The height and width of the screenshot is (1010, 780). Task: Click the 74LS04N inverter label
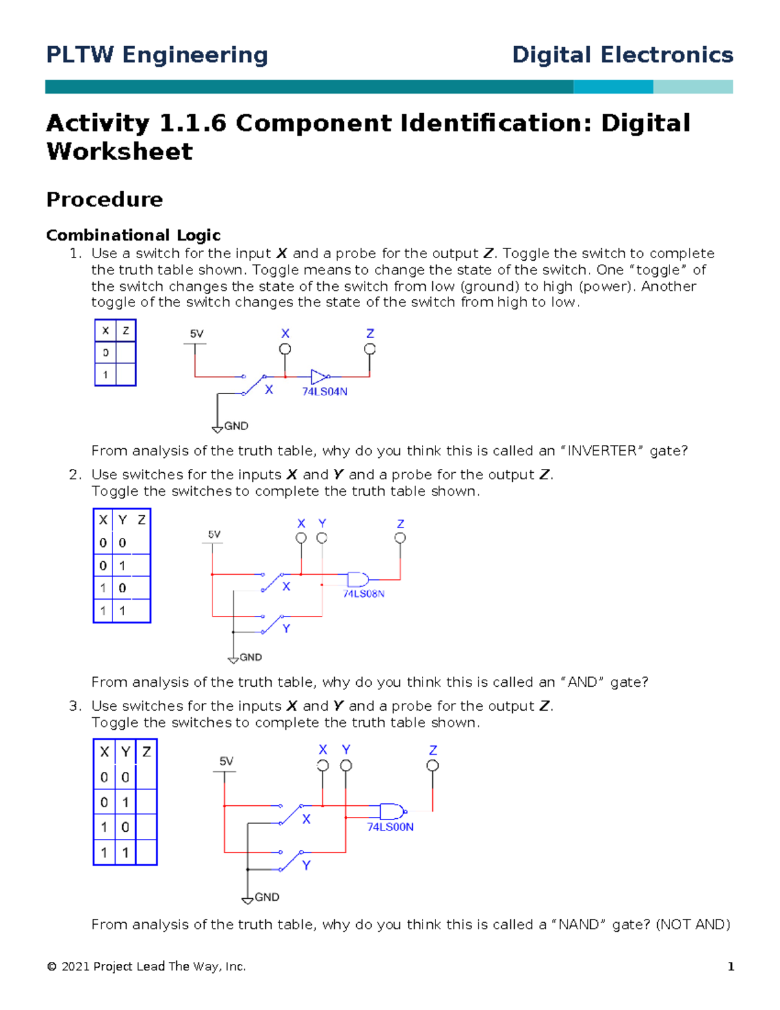(324, 392)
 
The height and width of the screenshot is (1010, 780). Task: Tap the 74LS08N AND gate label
(363, 594)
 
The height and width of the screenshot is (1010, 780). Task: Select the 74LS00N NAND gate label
(390, 827)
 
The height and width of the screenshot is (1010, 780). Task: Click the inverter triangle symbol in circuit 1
(318, 377)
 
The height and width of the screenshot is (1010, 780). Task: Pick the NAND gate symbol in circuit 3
(392, 812)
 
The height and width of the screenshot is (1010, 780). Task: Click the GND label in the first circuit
(236, 426)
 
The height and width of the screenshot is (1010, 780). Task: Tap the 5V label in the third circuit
(226, 761)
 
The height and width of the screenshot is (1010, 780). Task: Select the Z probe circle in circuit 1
(370, 349)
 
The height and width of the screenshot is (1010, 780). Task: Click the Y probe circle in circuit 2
(322, 538)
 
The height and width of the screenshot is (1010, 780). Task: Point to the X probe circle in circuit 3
(323, 765)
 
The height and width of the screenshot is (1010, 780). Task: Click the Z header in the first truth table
(125, 330)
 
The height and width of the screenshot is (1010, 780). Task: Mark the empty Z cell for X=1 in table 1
(125, 375)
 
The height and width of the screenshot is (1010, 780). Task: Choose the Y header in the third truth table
(125, 752)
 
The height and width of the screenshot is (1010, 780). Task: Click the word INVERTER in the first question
(601, 451)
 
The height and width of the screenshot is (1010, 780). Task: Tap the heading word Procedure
(105, 199)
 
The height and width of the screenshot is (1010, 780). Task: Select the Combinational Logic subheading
(133, 235)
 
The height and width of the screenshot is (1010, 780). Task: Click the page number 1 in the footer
(731, 966)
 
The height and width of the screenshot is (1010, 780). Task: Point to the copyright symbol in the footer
(52, 967)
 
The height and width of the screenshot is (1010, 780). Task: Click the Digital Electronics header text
(622, 55)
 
